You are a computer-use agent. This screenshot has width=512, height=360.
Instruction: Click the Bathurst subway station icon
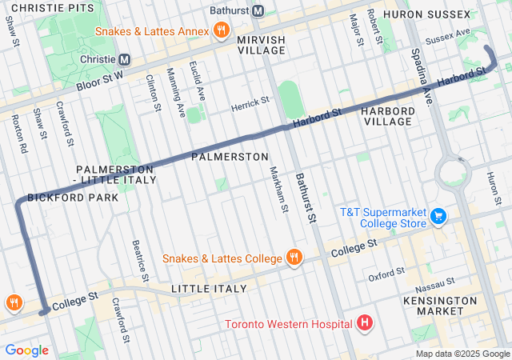point(258,11)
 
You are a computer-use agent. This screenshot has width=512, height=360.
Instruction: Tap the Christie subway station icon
point(125,59)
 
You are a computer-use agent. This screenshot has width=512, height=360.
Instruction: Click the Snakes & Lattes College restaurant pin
point(294,258)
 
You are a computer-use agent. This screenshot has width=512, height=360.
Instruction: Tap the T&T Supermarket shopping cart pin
point(438,216)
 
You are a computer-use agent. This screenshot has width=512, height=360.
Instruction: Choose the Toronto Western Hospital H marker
point(365,324)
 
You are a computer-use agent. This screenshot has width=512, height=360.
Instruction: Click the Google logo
point(27,350)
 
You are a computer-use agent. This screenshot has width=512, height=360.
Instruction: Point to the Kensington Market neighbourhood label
point(442,306)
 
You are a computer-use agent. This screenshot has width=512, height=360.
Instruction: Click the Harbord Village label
point(386,115)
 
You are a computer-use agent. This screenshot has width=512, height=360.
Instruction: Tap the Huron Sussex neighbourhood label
point(426,14)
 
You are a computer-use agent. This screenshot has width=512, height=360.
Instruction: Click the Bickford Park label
point(73,197)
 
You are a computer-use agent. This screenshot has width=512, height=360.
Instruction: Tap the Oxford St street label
point(386,276)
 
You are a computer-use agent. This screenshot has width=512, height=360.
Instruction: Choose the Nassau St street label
point(434,286)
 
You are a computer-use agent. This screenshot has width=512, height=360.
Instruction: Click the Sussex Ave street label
point(448,38)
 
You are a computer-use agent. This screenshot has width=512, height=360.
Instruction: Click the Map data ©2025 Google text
point(462,354)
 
